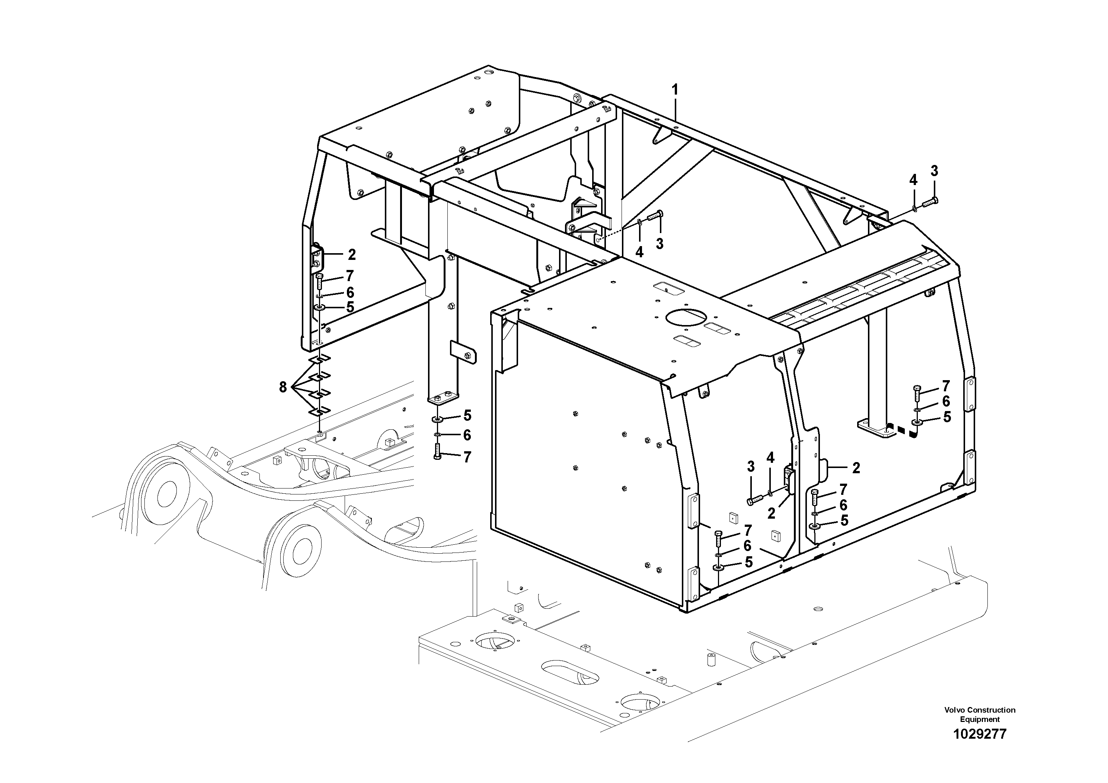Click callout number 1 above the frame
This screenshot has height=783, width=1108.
[675, 90]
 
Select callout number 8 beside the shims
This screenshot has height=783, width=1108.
[283, 387]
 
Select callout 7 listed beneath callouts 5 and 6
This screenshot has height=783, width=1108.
[467, 457]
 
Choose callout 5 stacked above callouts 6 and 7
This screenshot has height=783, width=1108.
[467, 416]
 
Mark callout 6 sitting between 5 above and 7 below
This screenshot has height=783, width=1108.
[467, 435]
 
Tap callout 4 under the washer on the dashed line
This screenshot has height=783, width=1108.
[639, 252]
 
